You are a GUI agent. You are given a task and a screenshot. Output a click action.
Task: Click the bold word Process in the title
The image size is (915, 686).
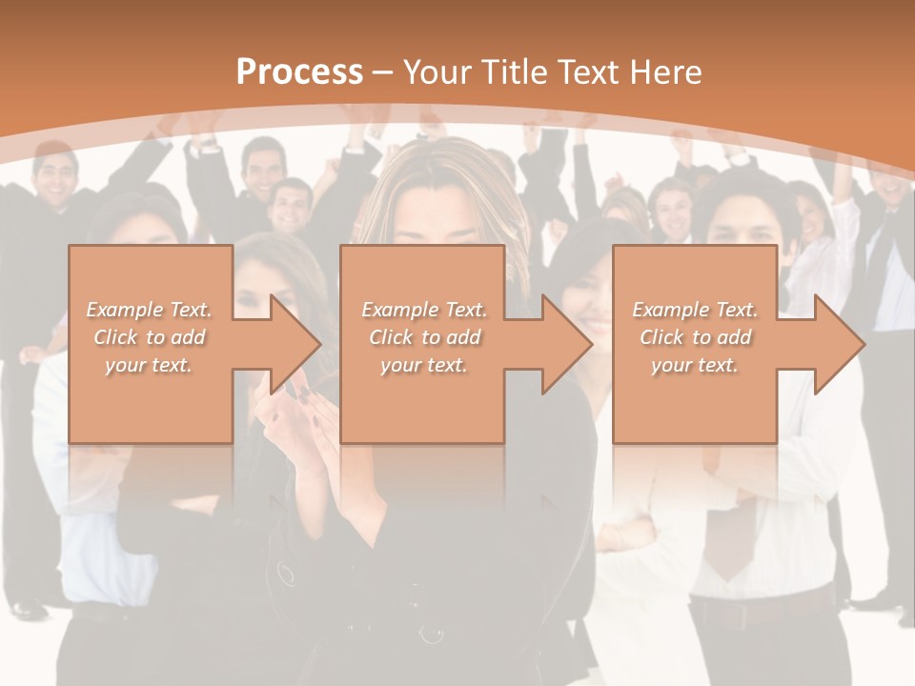point(299,72)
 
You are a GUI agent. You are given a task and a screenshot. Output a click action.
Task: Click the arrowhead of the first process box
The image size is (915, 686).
point(295,344)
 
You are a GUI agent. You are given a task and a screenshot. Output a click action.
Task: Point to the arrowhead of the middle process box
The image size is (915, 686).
point(567,344)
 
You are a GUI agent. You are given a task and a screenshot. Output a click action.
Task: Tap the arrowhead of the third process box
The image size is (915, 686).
point(840,344)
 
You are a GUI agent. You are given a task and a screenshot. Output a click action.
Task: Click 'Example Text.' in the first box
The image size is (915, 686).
point(149,310)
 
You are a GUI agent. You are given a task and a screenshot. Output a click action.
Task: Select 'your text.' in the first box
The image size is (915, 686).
point(149,365)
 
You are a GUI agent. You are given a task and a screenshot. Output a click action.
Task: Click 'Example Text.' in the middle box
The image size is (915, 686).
point(424,310)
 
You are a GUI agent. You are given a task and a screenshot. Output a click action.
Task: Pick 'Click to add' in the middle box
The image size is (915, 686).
point(424,337)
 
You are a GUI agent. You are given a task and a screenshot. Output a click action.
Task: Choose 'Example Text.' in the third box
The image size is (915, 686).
point(695,310)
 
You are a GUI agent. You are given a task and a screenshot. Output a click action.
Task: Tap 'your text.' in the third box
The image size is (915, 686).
point(695,365)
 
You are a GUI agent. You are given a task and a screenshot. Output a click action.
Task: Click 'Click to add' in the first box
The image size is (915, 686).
point(149,337)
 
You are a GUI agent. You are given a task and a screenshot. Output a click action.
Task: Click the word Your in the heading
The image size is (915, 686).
point(437,72)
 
